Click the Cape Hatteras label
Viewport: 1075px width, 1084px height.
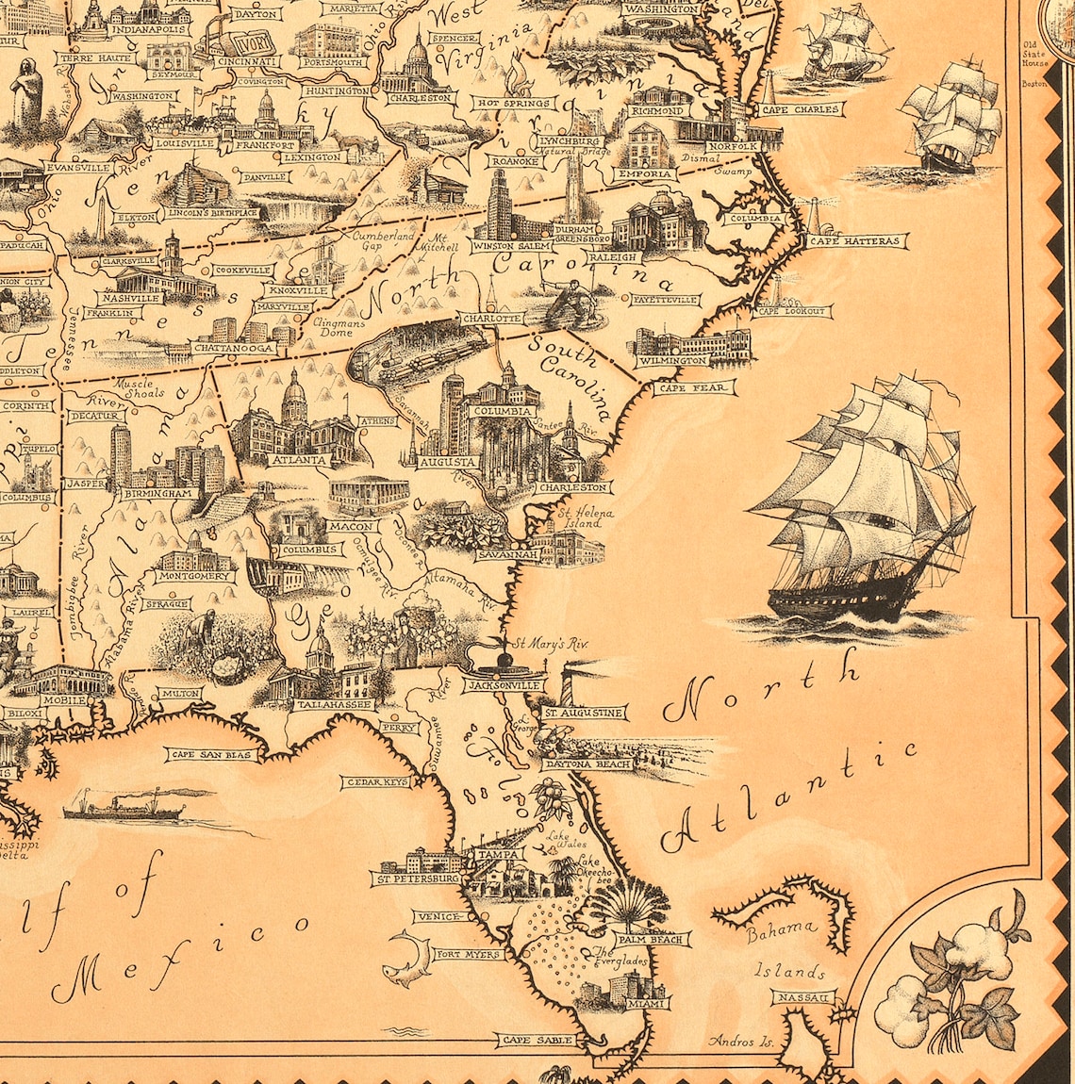pyautogui.click(x=856, y=241)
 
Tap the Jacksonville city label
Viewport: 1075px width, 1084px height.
pyautogui.click(x=504, y=685)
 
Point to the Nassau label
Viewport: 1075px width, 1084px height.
pyautogui.click(x=803, y=997)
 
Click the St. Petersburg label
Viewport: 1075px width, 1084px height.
pyautogui.click(x=416, y=879)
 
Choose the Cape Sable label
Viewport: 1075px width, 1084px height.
pyautogui.click(x=537, y=1040)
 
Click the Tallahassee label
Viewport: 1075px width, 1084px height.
pyautogui.click(x=335, y=704)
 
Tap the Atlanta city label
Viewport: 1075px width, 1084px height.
pyautogui.click(x=299, y=461)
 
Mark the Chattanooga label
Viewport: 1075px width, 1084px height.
pyautogui.click(x=234, y=348)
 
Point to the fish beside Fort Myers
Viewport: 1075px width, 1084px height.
pyautogui.click(x=405, y=957)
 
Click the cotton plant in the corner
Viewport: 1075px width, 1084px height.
pyautogui.click(x=952, y=980)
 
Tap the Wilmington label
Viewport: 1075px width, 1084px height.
pyautogui.click(x=672, y=361)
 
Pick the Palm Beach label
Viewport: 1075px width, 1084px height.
pyautogui.click(x=653, y=939)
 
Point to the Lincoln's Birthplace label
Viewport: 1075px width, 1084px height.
pyautogui.click(x=212, y=213)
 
